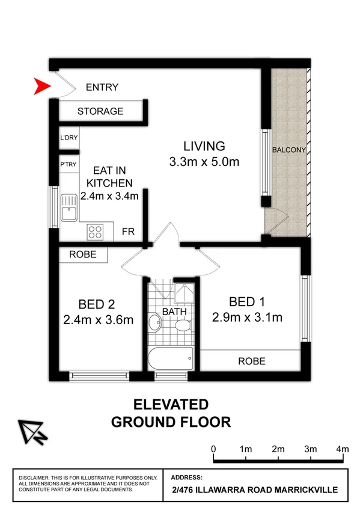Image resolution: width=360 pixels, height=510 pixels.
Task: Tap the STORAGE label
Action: point(100,111)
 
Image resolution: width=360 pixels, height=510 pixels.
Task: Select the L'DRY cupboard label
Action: point(69,138)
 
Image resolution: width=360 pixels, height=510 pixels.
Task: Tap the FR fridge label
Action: point(128,232)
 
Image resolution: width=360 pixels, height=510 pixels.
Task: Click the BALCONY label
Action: point(290,150)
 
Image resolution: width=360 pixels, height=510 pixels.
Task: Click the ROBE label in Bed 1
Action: point(252,361)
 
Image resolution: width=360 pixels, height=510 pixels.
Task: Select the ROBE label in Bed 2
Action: point(83,254)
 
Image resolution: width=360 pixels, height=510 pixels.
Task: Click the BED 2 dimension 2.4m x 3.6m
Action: point(98,320)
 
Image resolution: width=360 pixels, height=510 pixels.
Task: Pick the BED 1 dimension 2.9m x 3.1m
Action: point(247,318)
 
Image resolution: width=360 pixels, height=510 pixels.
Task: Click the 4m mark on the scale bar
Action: point(343,449)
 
